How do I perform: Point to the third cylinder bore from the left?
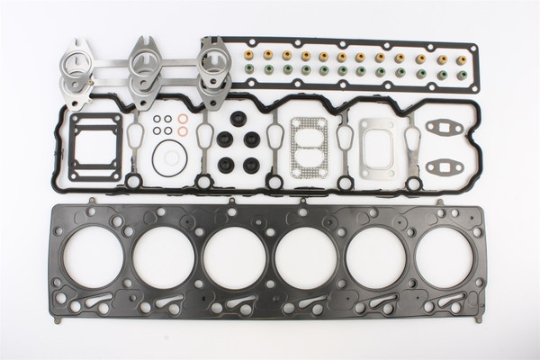[x=235, y=262]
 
